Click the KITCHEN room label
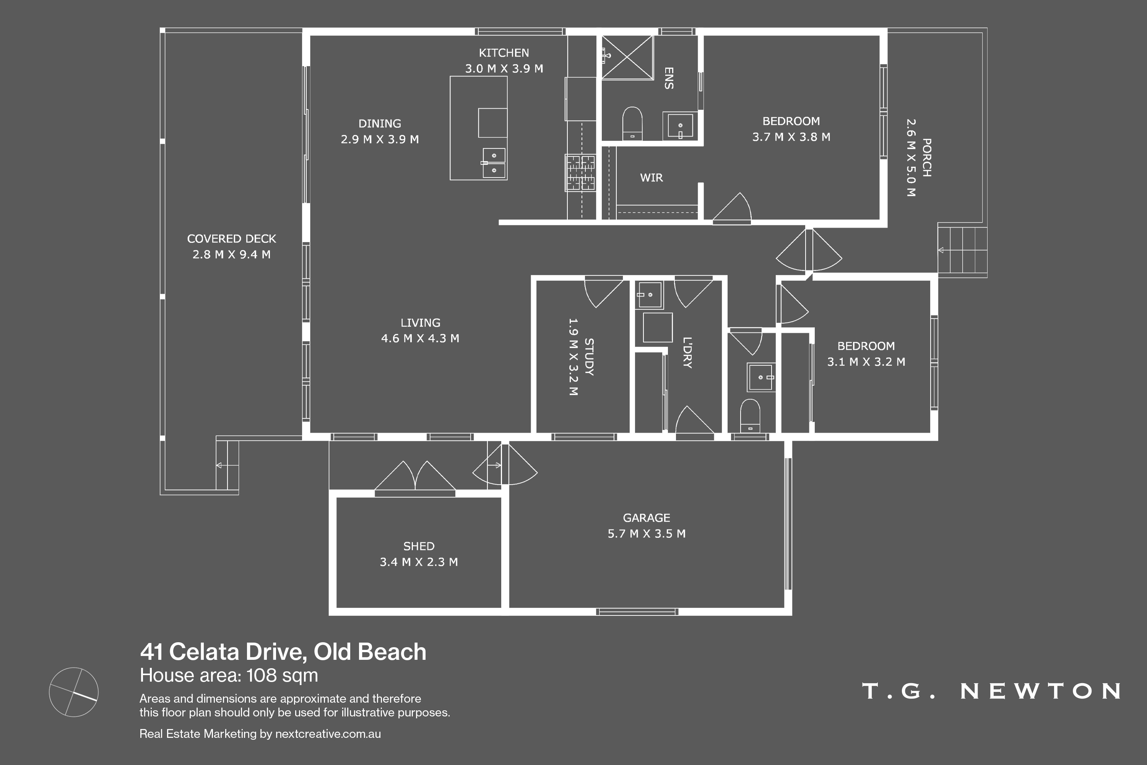click(504, 53)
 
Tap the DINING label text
click(380, 124)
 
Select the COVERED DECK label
click(232, 239)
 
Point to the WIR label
click(651, 177)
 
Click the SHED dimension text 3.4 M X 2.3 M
click(419, 562)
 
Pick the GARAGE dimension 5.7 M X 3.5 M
click(647, 534)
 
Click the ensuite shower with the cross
click(627, 57)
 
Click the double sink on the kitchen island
click(494, 163)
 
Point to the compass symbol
click(74, 692)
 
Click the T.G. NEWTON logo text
click(991, 691)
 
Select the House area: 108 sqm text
click(229, 675)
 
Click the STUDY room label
click(589, 356)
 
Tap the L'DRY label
click(687, 352)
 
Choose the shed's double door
click(415, 477)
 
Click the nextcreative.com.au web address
click(328, 734)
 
